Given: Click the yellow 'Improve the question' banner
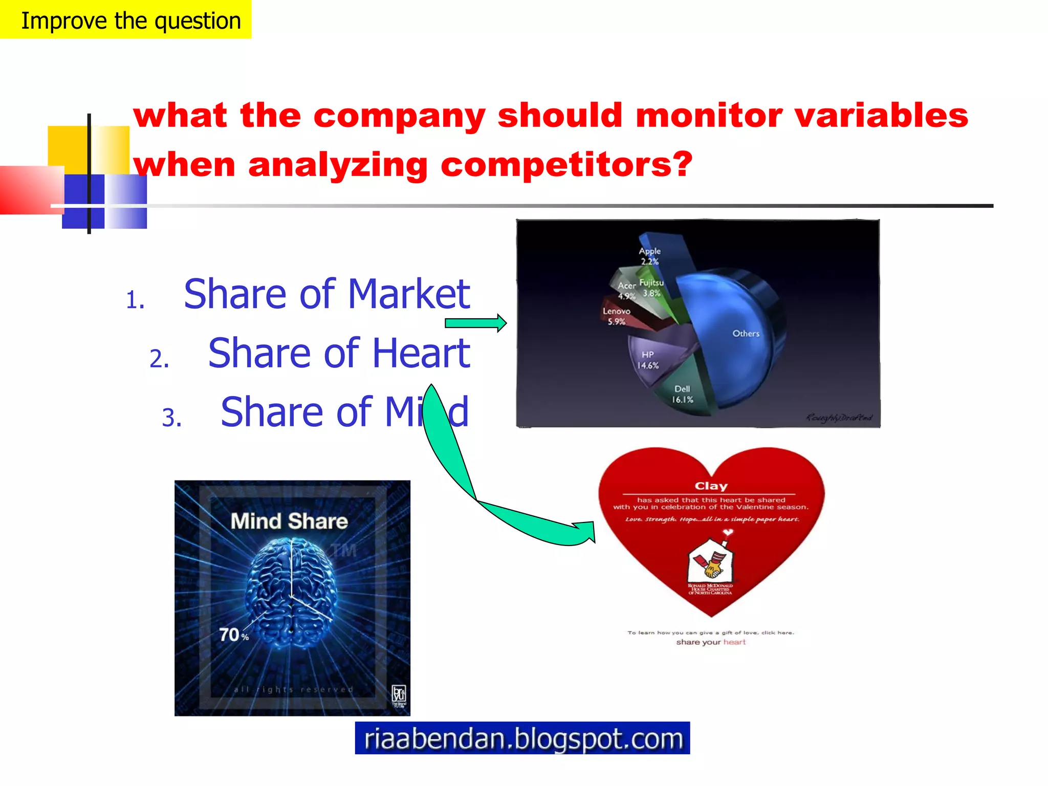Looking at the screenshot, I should (125, 19).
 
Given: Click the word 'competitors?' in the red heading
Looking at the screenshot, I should (566, 165).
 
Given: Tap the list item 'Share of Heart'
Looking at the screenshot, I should (339, 353).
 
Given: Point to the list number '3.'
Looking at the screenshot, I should (172, 418).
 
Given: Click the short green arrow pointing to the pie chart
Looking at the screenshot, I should (475, 323).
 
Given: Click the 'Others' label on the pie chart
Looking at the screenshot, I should (746, 334).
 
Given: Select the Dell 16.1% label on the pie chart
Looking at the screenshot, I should (682, 394).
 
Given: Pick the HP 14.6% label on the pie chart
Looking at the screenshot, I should (648, 360).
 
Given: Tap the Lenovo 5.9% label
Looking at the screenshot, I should (616, 316).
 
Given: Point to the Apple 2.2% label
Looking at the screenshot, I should (649, 256).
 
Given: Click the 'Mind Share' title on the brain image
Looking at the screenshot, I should (289, 521).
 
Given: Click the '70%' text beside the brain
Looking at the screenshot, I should (233, 635).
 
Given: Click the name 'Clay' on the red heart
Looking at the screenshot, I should (711, 486).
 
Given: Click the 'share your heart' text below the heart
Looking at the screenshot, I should (711, 642).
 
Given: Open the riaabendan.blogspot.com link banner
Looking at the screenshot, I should (522, 738).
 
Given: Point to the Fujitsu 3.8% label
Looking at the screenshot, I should (651, 288).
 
